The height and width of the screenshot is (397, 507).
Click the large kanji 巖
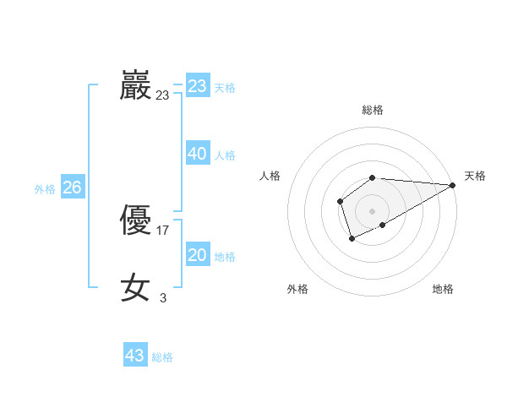coord(135,86)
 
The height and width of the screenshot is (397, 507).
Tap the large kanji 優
coord(135,221)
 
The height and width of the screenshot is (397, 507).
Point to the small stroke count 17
coord(163,230)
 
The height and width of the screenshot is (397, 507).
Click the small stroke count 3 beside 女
coord(163,297)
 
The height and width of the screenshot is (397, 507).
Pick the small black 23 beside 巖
coord(162,95)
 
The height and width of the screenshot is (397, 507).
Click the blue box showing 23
coord(198,86)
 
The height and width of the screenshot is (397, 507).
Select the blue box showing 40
coord(198,154)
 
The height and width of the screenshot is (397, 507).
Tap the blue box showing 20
coord(198,255)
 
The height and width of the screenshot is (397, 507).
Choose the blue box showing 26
coord(72,188)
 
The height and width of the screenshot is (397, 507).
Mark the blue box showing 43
coord(135,356)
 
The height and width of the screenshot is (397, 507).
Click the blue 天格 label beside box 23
coord(225,88)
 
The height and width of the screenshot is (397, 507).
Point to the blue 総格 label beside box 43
coord(162,357)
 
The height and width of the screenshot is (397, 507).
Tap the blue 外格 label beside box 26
coord(45,189)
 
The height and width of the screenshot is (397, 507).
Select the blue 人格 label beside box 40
coord(225,155)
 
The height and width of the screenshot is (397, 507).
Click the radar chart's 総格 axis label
coord(372,110)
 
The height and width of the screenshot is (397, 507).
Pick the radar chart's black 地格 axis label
coord(443,290)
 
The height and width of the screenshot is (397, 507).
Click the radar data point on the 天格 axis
coord(453,185)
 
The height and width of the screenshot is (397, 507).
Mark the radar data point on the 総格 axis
coord(372,177)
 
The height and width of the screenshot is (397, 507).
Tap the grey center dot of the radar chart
coord(372,210)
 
